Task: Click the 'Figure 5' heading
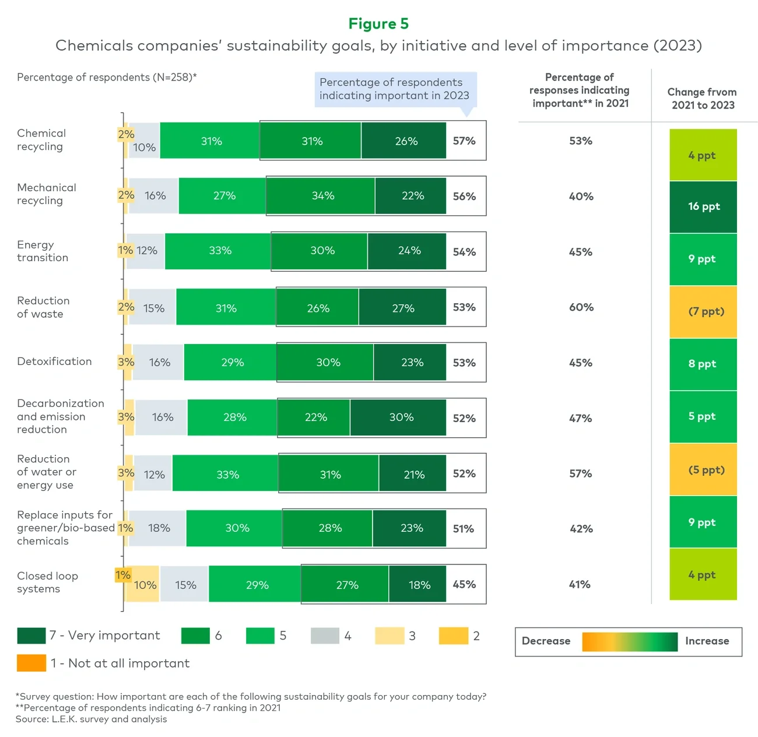378,24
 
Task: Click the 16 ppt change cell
703,206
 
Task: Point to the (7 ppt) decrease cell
703,311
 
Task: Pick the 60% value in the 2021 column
581,307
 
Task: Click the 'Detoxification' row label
54,362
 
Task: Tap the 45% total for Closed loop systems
464,584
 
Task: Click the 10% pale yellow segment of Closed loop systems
144,585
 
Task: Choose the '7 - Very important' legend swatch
31,636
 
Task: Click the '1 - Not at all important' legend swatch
31,663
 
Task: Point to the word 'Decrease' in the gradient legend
546,641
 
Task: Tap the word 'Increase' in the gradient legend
707,641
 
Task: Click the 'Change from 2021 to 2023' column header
703,99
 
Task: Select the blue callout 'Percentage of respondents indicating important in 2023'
395,89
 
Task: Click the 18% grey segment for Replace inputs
158,528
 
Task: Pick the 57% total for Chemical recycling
464,141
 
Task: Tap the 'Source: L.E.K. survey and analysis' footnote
91,719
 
